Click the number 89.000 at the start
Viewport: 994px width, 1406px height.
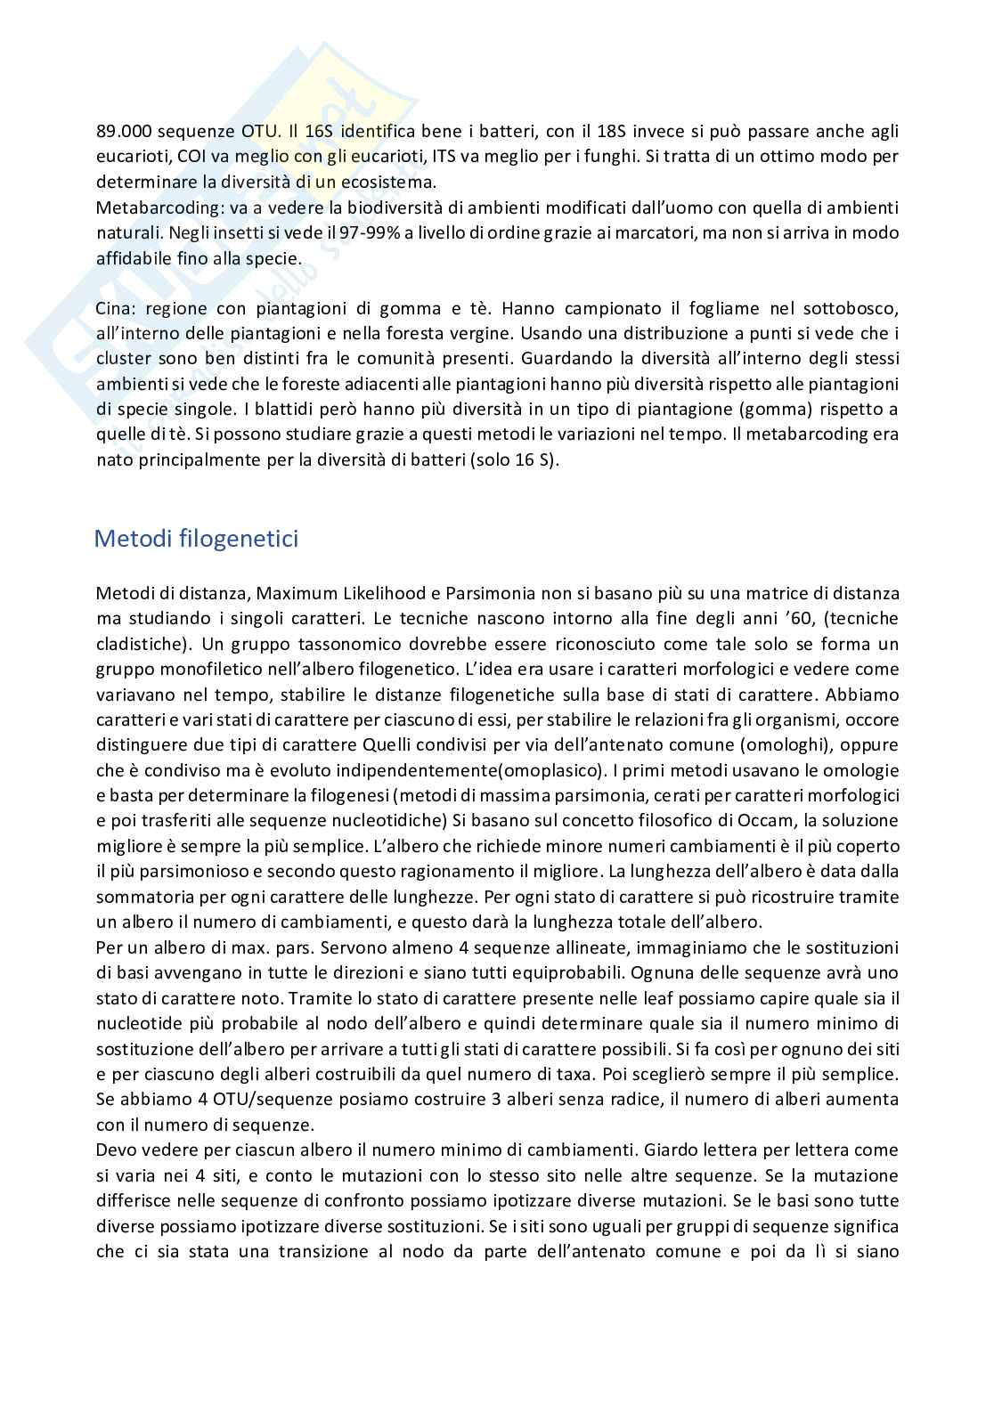[x=123, y=132]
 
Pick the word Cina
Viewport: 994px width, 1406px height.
[x=114, y=309]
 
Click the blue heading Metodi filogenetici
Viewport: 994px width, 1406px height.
[x=196, y=540]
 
